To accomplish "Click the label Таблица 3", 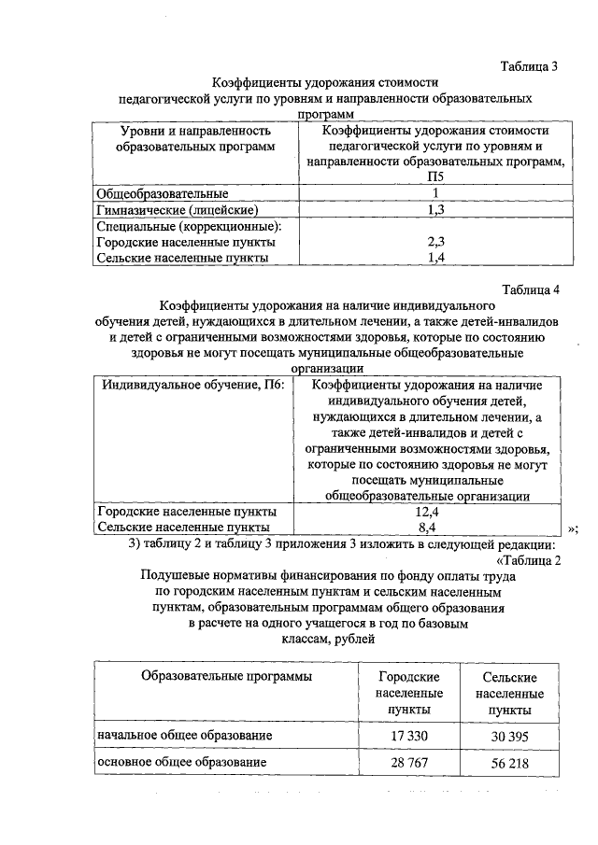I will [529, 67].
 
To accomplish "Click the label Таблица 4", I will [529, 289].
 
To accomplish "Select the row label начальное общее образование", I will [185, 737].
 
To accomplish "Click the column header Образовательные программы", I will [226, 675].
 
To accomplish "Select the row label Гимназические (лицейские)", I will [178, 210].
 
